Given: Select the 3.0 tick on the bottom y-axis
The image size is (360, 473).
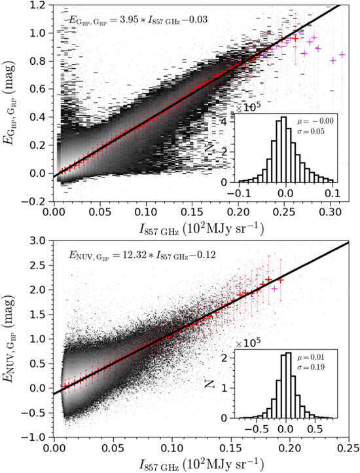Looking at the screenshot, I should pyautogui.click(x=41, y=242).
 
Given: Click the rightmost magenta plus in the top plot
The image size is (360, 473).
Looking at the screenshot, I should pyautogui.click(x=342, y=55).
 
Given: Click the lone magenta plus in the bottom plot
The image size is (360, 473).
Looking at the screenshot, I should pyautogui.click(x=274, y=288).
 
